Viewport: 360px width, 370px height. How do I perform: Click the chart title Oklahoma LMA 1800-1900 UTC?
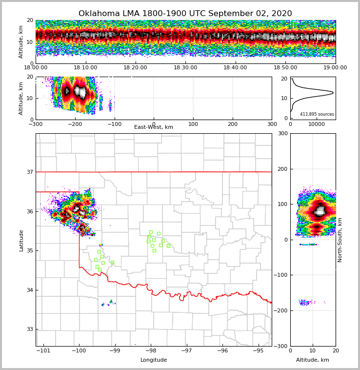pyautogui.click(x=185, y=14)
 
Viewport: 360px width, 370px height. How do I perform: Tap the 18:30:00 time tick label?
pyautogui.click(x=185, y=68)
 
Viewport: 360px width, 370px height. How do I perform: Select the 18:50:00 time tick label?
pyautogui.click(x=285, y=68)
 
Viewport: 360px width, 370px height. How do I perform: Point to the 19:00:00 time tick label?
pyautogui.click(x=335, y=68)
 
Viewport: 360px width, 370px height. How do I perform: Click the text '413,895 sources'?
pyautogui.click(x=317, y=114)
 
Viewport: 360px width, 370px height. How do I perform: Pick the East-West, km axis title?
pyautogui.click(x=154, y=127)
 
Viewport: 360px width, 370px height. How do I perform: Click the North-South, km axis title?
pyautogui.click(x=340, y=240)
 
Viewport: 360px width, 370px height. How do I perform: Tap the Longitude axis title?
pyautogui.click(x=154, y=360)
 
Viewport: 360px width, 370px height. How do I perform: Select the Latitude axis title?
pyautogui.click(x=21, y=240)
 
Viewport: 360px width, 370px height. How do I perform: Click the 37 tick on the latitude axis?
pyautogui.click(x=30, y=172)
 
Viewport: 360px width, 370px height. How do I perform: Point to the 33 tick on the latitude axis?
pyautogui.click(x=30, y=329)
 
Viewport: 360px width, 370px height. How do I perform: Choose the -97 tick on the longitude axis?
pyautogui.click(x=187, y=350)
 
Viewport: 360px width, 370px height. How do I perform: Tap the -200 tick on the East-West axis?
pyautogui.click(x=75, y=124)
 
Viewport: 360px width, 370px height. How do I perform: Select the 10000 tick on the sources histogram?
pyautogui.click(x=317, y=124)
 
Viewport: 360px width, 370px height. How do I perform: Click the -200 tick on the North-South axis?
pyautogui.click(x=281, y=311)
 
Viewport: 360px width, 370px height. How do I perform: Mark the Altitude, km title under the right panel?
pyautogui.click(x=313, y=360)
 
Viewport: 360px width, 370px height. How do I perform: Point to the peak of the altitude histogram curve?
pyautogui.click(x=333, y=92)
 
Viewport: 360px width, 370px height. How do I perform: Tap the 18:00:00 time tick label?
pyautogui.click(x=36, y=68)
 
